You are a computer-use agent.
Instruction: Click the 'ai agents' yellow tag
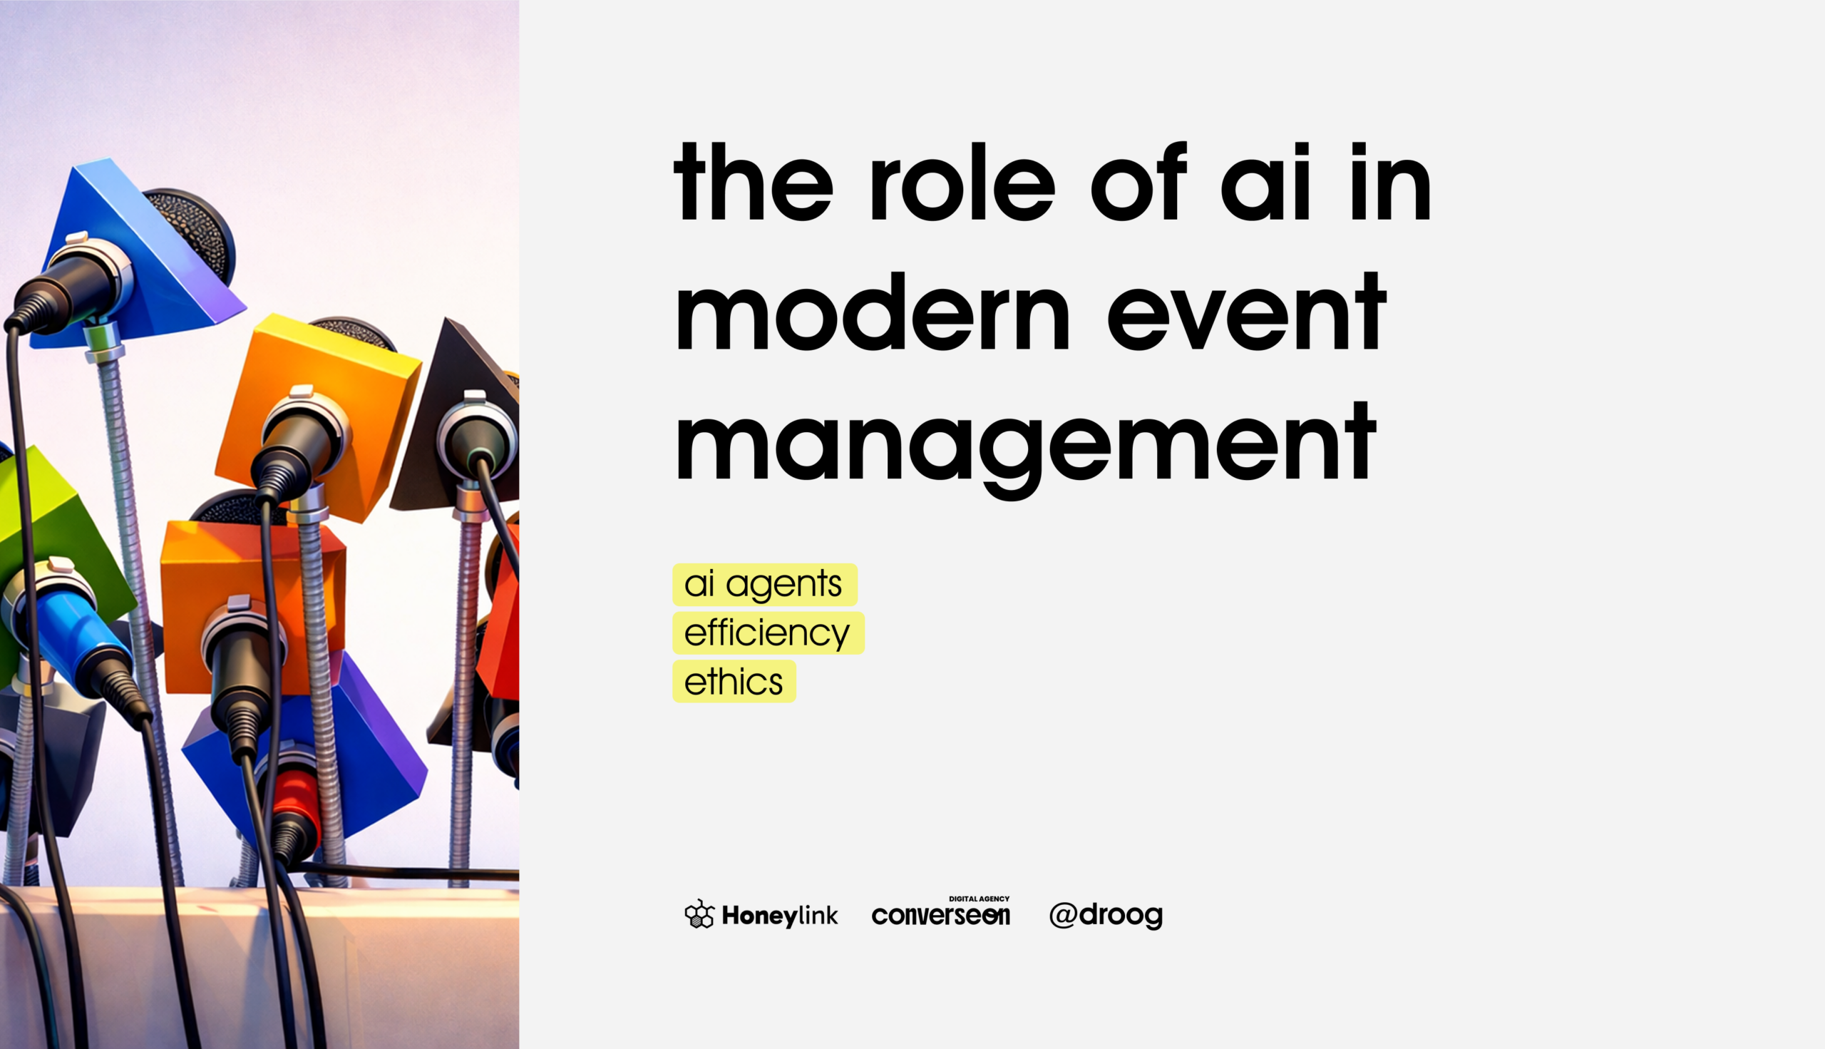click(765, 584)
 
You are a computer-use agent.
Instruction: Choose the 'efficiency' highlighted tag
click(768, 633)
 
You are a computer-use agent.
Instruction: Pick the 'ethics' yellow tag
click(734, 682)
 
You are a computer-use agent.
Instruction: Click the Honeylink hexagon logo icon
click(699, 914)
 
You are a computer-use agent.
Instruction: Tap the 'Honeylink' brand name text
click(780, 916)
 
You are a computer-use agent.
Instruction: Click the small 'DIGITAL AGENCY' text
click(979, 899)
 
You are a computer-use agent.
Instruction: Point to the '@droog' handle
click(1106, 915)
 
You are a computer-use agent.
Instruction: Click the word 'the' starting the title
click(754, 181)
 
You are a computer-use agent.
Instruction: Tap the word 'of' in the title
click(1138, 181)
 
